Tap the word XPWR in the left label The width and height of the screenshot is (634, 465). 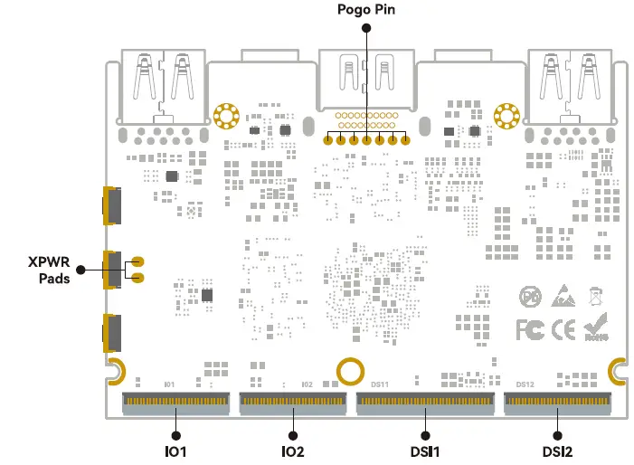click(x=49, y=261)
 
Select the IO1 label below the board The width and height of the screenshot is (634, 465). click(x=175, y=451)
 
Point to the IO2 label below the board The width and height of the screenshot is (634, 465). click(x=292, y=451)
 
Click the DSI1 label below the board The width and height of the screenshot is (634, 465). click(x=425, y=451)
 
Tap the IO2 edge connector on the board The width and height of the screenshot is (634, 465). click(x=292, y=400)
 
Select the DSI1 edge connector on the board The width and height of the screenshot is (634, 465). click(x=425, y=400)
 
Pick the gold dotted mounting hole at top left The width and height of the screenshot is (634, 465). click(x=225, y=116)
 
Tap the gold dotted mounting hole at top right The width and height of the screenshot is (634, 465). click(x=508, y=116)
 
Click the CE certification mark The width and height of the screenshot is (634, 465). click(x=563, y=328)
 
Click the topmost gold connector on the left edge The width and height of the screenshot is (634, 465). click(x=111, y=205)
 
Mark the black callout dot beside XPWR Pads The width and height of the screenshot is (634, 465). click(x=80, y=269)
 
